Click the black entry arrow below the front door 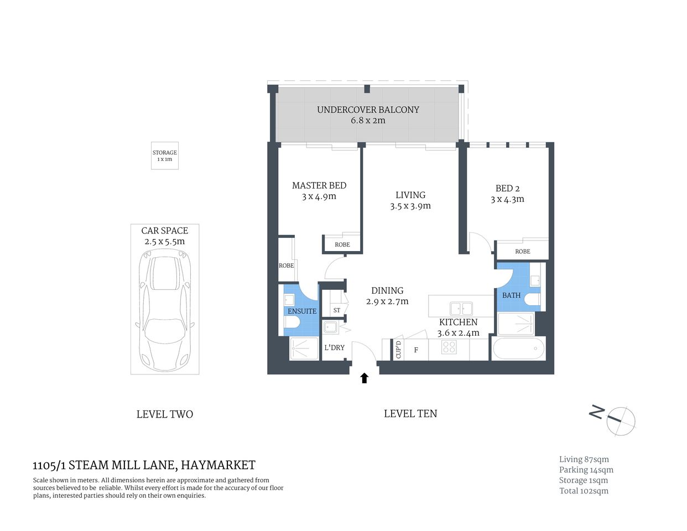[x=364, y=378]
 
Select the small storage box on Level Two [x=165, y=155]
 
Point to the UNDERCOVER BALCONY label [x=368, y=110]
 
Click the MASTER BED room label [x=319, y=185]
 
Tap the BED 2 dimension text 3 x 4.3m [x=507, y=199]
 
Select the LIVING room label [x=410, y=195]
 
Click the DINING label [x=387, y=290]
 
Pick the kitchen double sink [x=461, y=308]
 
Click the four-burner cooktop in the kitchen [x=449, y=347]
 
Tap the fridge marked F [x=416, y=350]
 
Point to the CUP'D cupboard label [x=398, y=350]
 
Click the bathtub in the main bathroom [x=518, y=349]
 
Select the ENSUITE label [x=302, y=311]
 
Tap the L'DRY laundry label [x=334, y=347]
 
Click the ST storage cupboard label [x=337, y=310]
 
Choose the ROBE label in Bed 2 [x=522, y=251]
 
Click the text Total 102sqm [x=584, y=491]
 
